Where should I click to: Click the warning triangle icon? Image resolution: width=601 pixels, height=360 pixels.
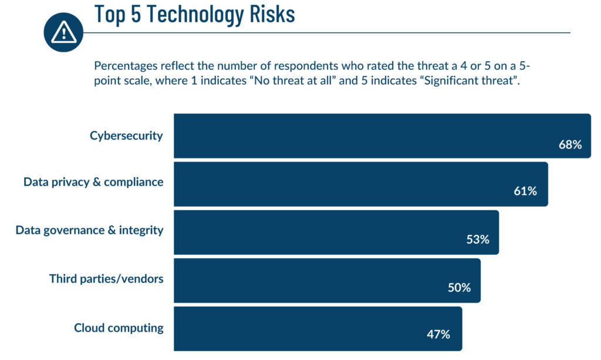(x=63, y=32)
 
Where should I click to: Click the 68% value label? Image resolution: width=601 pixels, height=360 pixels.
(x=570, y=144)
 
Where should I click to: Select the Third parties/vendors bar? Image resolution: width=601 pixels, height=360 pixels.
(x=326, y=280)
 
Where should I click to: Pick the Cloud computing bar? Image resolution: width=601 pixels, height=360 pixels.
(x=318, y=328)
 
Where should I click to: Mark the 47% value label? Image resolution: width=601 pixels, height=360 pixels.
(x=438, y=335)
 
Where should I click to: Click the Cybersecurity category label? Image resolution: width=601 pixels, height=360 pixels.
(x=126, y=136)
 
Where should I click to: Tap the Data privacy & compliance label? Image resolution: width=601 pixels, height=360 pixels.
(x=93, y=182)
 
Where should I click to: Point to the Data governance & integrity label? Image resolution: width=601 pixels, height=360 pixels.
(x=89, y=230)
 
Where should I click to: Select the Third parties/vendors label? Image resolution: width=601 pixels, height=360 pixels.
(x=106, y=278)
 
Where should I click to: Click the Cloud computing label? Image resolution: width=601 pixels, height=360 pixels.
(x=119, y=328)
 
